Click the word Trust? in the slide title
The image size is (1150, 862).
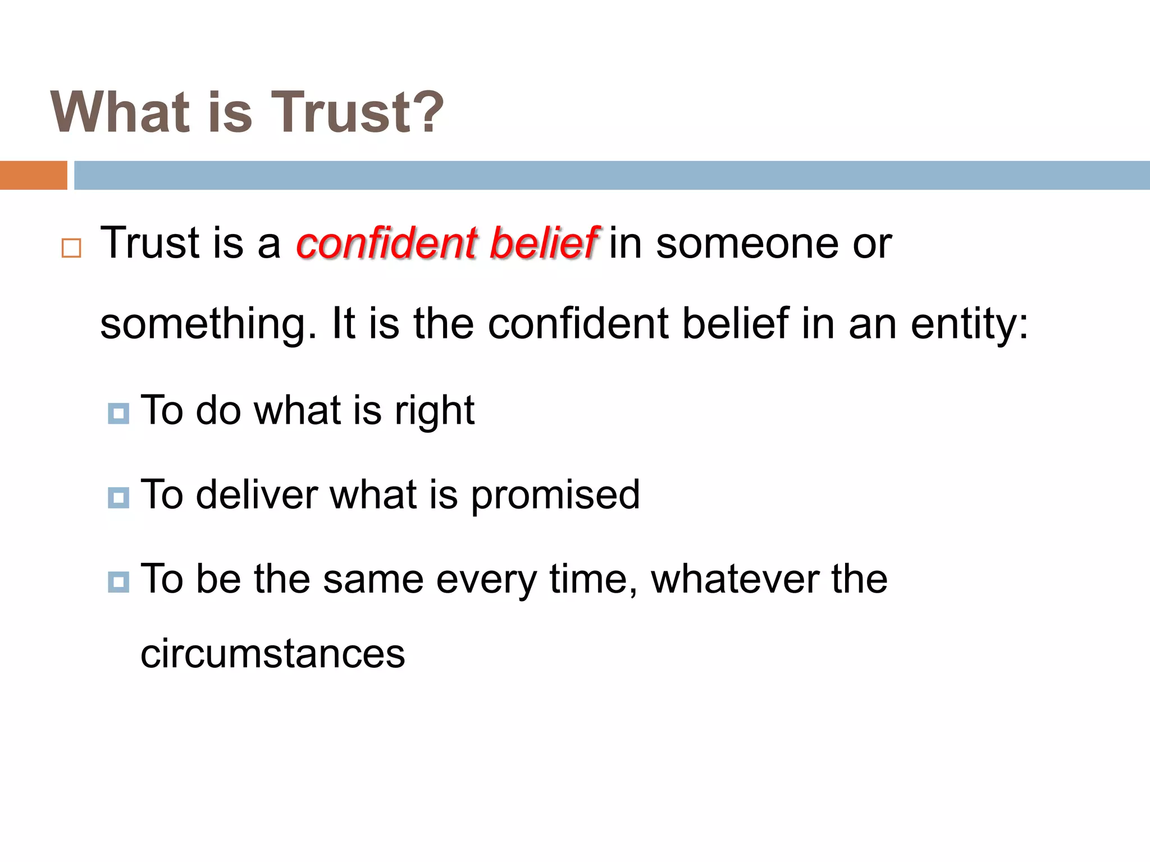[x=358, y=112]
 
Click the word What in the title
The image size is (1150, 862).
[x=120, y=112]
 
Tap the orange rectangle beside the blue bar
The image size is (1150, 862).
[x=33, y=175]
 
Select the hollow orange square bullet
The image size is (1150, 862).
[x=71, y=247]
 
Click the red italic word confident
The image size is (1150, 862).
[x=387, y=243]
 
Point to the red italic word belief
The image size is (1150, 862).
[x=544, y=243]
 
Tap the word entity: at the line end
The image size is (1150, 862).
[x=970, y=324]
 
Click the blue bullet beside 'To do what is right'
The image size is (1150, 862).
[x=118, y=414]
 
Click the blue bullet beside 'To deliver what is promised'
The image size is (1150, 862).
[x=118, y=497]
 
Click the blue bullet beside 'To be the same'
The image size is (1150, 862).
[x=118, y=581]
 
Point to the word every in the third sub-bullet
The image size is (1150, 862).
[x=486, y=580]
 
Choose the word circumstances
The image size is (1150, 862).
[x=272, y=654]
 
